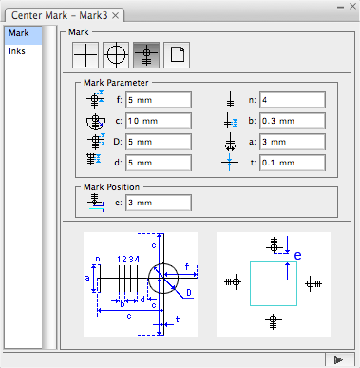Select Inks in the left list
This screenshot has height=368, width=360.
[x=17, y=51]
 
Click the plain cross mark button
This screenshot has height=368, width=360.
[x=85, y=55]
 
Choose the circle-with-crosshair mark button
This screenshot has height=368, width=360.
[x=116, y=55]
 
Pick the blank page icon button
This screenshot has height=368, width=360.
[x=177, y=55]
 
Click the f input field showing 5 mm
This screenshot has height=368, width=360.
[x=159, y=100]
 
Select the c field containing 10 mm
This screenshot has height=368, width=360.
[x=159, y=121]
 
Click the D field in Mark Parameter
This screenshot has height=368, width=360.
[x=159, y=142]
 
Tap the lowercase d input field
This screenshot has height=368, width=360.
[x=159, y=163]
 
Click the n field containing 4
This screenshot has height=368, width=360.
[x=293, y=100]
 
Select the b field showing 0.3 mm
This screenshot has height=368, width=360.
[x=293, y=121]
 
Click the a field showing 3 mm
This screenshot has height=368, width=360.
[x=293, y=142]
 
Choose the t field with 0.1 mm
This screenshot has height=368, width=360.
[x=293, y=163]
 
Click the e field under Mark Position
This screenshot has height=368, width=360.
[x=159, y=203]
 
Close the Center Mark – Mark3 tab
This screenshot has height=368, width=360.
[x=116, y=15]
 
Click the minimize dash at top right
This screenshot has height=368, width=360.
[x=340, y=7]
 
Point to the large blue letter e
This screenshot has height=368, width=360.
[x=297, y=256]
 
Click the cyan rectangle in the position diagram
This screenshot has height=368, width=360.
[x=250, y=283]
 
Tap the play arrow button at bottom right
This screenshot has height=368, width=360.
[x=338, y=360]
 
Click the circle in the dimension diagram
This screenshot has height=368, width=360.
[x=148, y=279]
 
